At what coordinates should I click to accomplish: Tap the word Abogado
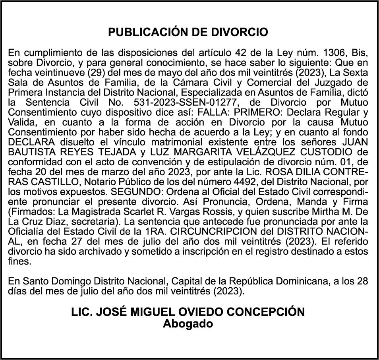click(188, 323)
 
